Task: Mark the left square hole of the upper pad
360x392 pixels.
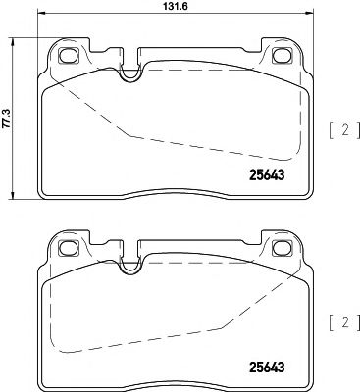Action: tap(68, 55)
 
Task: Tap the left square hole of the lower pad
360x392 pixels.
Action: tap(68, 249)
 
